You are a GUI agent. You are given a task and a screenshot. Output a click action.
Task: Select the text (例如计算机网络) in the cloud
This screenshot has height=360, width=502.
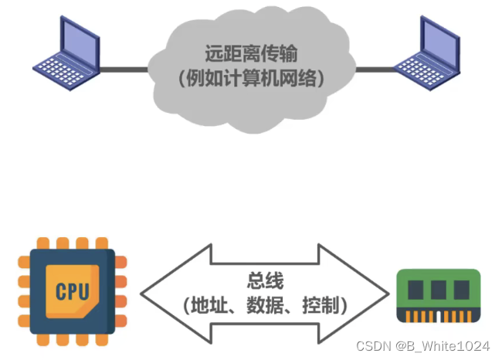click(x=252, y=78)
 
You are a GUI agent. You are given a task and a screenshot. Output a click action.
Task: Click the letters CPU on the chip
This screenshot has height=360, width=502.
click(x=72, y=292)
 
